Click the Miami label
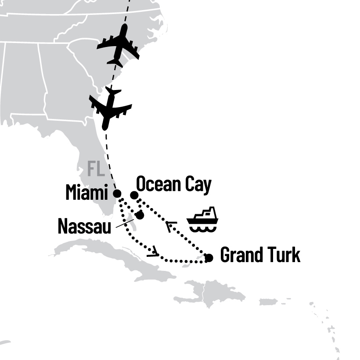pyautogui.click(x=87, y=193)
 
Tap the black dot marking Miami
pyautogui.click(x=117, y=193)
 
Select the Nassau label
pyautogui.click(x=84, y=227)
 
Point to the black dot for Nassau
pyautogui.click(x=140, y=215)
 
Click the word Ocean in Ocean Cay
pyautogui.click(x=158, y=185)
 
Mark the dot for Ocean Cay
pyautogui.click(x=134, y=195)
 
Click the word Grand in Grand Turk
pyautogui.click(x=240, y=255)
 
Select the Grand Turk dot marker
pyautogui.click(x=209, y=258)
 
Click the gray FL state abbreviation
pyautogui.click(x=95, y=168)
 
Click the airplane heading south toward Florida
pyautogui.click(x=109, y=108)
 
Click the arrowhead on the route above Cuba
pyautogui.click(x=153, y=253)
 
